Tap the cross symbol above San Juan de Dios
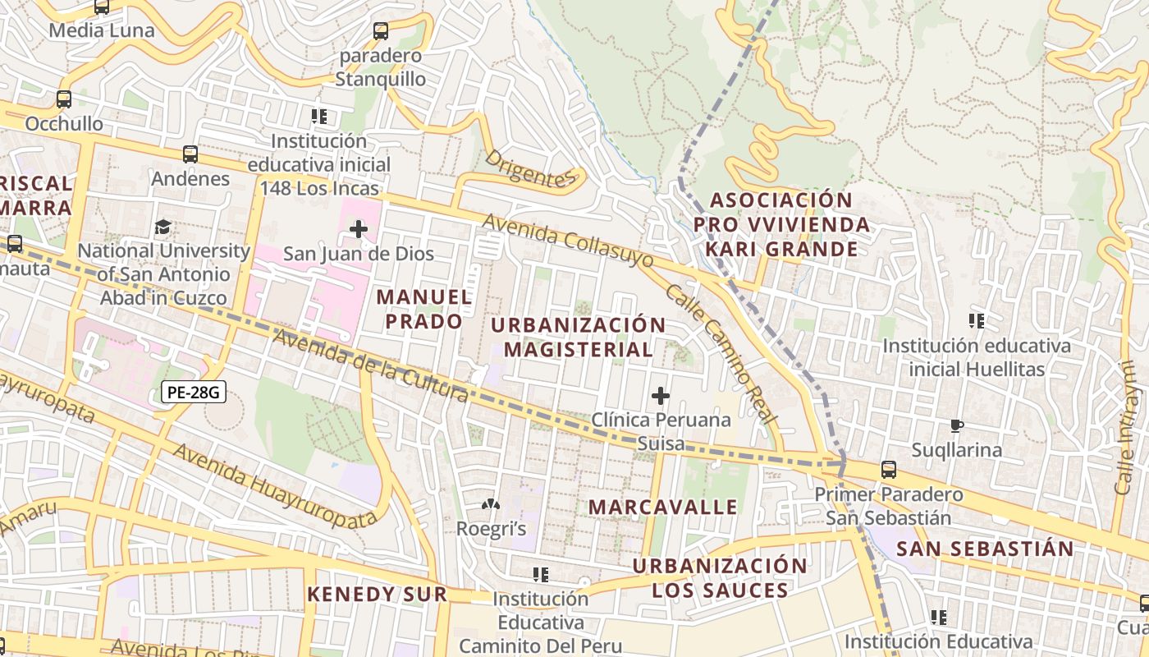(x=359, y=228)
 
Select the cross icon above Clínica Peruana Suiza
(x=661, y=397)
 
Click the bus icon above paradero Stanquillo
(x=381, y=31)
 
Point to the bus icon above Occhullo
(x=64, y=99)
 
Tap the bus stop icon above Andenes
(x=190, y=154)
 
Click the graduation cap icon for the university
(x=163, y=226)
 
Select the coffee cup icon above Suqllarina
(x=956, y=425)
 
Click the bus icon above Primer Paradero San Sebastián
(x=889, y=470)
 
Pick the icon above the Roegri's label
(x=491, y=504)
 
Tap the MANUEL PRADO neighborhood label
(x=424, y=309)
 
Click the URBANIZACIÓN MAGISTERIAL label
(x=578, y=337)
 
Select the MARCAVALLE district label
(x=663, y=507)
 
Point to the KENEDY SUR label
(x=378, y=594)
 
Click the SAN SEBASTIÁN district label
(x=985, y=549)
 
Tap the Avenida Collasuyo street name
(x=568, y=241)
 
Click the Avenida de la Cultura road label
(x=371, y=366)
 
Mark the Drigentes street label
(x=531, y=168)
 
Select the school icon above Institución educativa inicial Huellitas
(x=976, y=320)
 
